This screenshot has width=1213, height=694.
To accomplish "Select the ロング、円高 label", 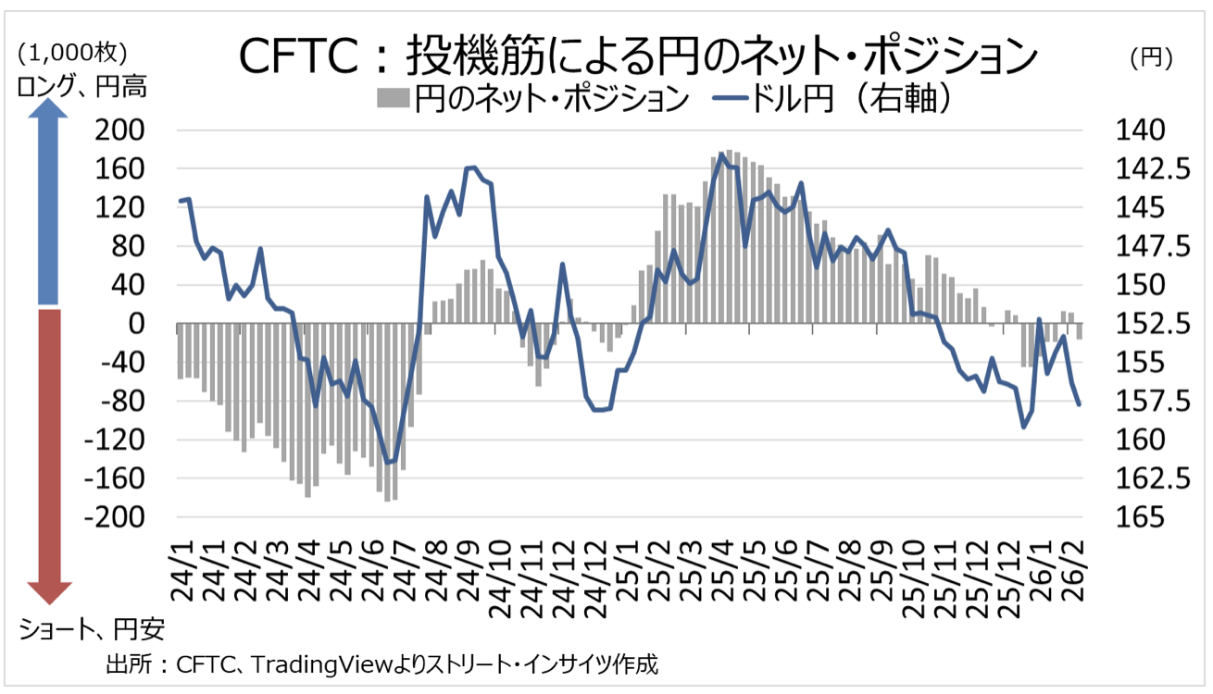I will coord(82,88).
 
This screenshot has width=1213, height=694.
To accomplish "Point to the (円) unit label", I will coord(1152,57).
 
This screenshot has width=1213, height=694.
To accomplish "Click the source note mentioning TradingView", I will coord(381,664).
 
